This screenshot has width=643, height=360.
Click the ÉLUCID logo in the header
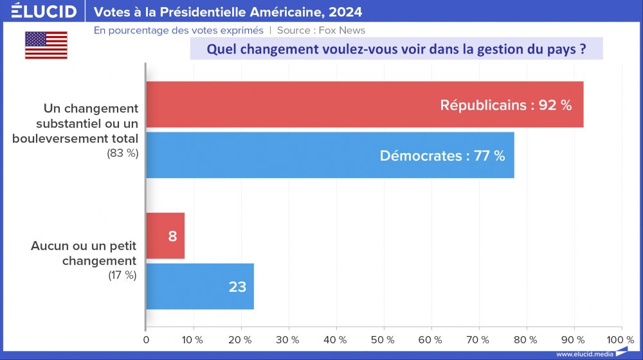[43, 12]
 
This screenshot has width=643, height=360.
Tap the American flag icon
[46, 45]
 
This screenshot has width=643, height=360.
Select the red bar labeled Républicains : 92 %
[365, 105]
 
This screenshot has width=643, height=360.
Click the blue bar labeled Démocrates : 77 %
[330, 156]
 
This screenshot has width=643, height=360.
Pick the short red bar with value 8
[165, 236]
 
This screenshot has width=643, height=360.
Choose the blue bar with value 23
[200, 286]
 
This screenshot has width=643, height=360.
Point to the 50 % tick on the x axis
[383, 339]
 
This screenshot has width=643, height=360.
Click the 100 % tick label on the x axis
[620, 339]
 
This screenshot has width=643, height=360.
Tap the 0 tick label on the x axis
[146, 339]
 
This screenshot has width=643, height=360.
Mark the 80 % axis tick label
[525, 339]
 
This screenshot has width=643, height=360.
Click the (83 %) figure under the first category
[122, 152]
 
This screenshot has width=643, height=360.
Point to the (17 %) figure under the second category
[122, 275]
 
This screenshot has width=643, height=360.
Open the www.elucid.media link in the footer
[584, 354]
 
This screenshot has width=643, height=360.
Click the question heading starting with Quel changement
[396, 50]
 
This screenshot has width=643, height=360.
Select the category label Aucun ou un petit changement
[84, 253]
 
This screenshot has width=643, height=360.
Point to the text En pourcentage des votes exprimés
[179, 30]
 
